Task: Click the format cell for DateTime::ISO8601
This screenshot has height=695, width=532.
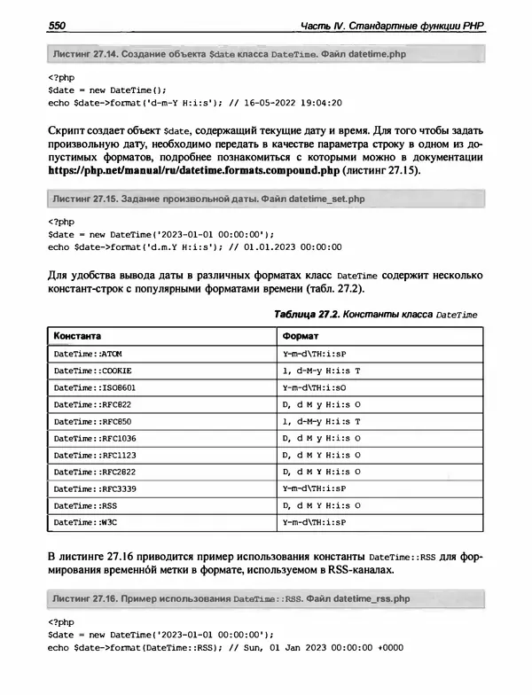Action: coord(308,387)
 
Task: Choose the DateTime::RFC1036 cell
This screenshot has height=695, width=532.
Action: coord(95,438)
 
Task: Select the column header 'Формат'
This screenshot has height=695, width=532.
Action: coord(294,336)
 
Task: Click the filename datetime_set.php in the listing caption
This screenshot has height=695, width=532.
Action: coord(321,199)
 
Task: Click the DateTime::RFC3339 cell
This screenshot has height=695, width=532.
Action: coord(95,488)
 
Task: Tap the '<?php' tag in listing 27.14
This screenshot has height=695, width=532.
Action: coord(59,75)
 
